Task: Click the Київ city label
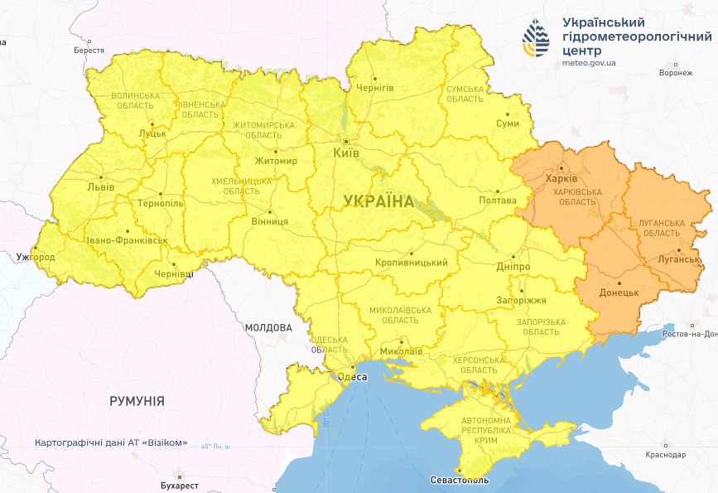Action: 345,153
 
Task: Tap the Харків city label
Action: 561,179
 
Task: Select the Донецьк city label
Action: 618,293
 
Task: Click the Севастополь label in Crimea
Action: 460,481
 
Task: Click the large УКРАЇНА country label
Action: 378,201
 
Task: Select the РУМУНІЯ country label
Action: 137,401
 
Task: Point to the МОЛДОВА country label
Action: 268,328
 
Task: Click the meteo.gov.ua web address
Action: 589,63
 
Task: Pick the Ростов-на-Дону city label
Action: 687,334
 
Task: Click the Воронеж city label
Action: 675,73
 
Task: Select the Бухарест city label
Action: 180,485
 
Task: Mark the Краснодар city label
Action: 666,456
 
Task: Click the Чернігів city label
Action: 374,87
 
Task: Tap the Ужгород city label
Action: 36,258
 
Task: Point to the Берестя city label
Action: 89,51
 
